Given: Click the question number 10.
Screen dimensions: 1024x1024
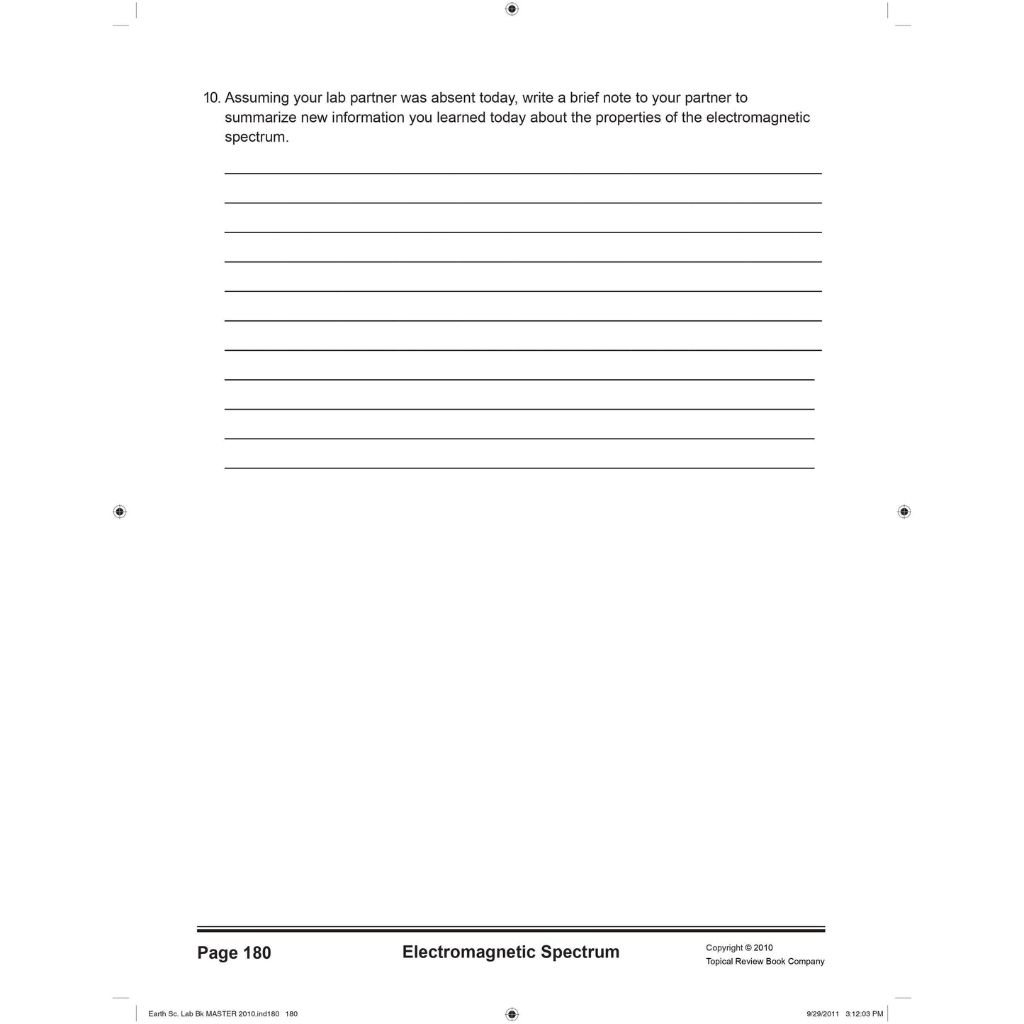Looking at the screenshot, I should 212,98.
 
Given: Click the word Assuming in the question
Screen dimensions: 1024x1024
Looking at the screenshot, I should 257,99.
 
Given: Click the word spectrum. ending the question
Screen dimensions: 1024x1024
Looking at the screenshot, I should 257,137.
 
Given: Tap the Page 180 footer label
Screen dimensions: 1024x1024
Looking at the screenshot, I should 234,953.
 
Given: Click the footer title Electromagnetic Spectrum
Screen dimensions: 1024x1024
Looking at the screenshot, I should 510,952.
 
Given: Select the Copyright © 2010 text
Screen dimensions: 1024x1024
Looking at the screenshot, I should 739,948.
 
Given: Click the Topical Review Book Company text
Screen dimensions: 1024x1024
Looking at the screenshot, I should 765,962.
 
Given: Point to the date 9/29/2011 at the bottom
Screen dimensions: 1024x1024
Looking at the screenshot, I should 823,1014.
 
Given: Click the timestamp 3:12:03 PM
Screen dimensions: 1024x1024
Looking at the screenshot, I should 864,1014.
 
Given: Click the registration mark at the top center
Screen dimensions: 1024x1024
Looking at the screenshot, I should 512,9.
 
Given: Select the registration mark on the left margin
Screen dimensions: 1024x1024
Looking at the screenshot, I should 120,512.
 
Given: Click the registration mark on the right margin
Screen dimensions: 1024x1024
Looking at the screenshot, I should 904,512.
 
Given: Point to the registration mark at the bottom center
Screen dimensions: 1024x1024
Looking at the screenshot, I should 512,1014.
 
